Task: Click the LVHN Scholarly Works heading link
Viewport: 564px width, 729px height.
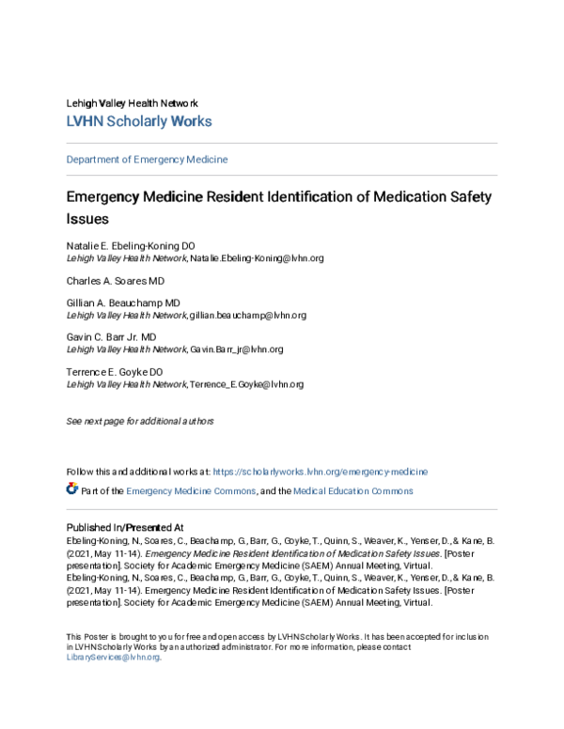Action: pyautogui.click(x=138, y=121)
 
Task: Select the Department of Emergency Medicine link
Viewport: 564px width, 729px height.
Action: pyautogui.click(x=147, y=160)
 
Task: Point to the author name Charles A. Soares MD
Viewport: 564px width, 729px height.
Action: pyautogui.click(x=115, y=281)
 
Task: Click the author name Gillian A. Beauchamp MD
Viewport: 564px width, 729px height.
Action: pyautogui.click(x=122, y=304)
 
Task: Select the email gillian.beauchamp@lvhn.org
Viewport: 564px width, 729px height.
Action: pyautogui.click(x=247, y=316)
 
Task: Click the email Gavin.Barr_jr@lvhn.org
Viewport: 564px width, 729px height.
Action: pyautogui.click(x=236, y=349)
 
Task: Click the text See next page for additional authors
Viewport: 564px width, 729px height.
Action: pyautogui.click(x=140, y=421)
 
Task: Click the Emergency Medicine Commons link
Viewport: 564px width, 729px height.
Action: pyautogui.click(x=191, y=490)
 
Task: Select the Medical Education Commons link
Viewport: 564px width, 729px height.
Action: pyautogui.click(x=352, y=490)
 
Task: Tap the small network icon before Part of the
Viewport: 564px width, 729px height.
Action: pyautogui.click(x=72, y=489)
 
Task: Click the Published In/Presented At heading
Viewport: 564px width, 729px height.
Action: pyautogui.click(x=124, y=527)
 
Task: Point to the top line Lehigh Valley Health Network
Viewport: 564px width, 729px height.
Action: pyautogui.click(x=132, y=102)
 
